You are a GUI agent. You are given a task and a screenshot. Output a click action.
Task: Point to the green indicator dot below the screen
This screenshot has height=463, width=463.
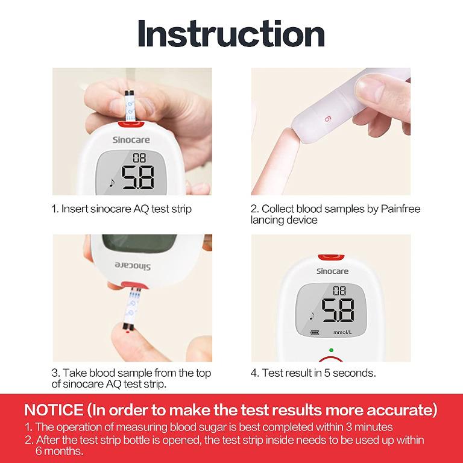click(x=331, y=350)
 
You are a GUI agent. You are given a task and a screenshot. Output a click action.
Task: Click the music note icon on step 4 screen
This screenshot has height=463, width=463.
click(x=312, y=315)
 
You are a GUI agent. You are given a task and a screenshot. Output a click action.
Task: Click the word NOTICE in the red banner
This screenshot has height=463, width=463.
click(x=54, y=411)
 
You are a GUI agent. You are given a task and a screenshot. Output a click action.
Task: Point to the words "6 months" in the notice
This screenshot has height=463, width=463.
click(x=60, y=451)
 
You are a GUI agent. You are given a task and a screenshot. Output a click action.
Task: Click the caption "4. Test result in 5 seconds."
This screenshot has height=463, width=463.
click(x=313, y=373)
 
